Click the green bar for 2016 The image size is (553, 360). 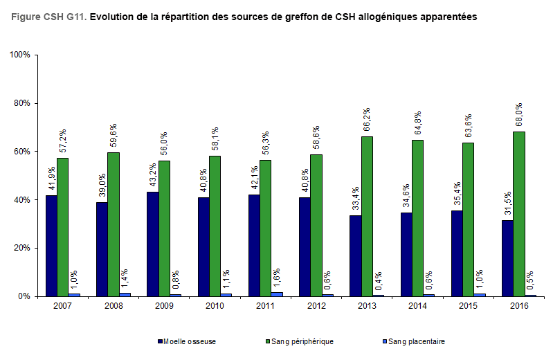519,214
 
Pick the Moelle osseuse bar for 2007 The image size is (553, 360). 51,246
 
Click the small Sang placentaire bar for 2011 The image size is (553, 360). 277,294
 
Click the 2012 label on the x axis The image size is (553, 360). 316,305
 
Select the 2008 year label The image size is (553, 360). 114,305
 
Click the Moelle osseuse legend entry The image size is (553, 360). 187,341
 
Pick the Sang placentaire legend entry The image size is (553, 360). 415,341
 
